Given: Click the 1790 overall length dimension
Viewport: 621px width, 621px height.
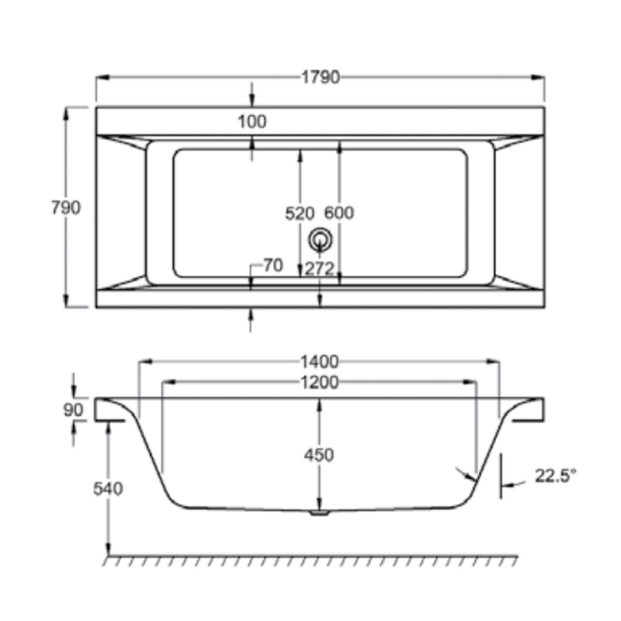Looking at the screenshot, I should click(321, 78).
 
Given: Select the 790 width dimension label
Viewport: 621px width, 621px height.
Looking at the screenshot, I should click(65, 207).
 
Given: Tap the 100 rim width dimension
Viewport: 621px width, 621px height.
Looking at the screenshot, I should click(251, 122).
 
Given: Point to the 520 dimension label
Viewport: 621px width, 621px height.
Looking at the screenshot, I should click(300, 213).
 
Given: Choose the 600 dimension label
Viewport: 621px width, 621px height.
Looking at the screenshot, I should click(339, 213).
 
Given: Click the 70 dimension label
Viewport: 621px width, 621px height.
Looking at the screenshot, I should click(271, 265).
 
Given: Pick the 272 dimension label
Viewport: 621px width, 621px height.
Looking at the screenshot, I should click(319, 269).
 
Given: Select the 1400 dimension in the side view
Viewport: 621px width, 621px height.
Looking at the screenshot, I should click(319, 361).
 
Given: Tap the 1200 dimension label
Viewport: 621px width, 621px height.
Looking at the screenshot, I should click(319, 382).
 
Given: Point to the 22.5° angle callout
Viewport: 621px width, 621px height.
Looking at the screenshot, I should click(556, 476).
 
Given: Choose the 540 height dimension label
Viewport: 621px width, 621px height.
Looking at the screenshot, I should click(108, 488).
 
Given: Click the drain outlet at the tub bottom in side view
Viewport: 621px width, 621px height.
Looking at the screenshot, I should click(319, 512).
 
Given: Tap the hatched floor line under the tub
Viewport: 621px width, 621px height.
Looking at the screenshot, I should click(310, 559).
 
